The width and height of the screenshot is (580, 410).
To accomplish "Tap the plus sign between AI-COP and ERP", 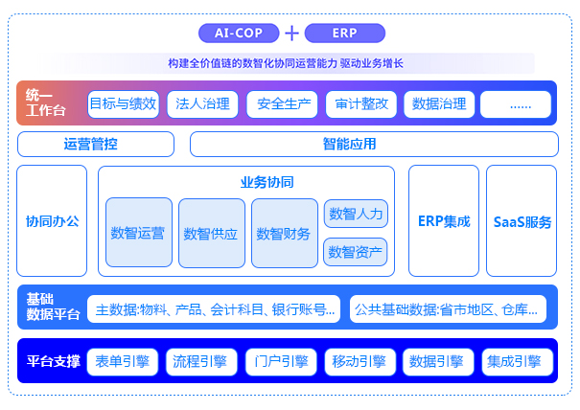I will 292,34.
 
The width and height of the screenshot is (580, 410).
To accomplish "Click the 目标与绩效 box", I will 123,103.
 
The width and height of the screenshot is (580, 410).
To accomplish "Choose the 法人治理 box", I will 202,103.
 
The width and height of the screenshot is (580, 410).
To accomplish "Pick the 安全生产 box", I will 282,103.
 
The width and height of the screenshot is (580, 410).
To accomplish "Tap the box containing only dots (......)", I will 516,103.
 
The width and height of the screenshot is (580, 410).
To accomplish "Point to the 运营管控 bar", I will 96,145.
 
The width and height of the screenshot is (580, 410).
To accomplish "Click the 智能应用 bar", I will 374,145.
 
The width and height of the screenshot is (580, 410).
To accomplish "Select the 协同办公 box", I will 53,221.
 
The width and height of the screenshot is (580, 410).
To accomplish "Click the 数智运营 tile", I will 139,233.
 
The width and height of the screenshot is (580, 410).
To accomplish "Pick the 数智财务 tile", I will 285,233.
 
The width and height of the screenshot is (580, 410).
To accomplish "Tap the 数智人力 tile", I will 356,214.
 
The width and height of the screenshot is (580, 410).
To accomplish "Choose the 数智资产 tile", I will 356,252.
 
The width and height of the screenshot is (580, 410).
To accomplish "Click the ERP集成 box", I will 444,221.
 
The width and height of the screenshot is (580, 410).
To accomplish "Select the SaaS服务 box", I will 522,221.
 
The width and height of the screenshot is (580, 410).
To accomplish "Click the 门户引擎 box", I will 282,361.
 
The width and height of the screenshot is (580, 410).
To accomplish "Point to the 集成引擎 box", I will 516,361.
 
